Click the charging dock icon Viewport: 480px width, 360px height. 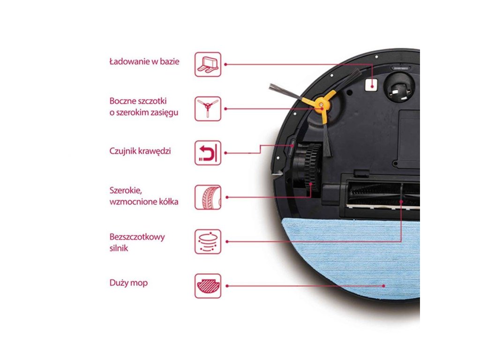point(208,64)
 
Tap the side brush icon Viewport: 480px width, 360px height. point(208,108)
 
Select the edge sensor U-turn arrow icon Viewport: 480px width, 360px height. point(208,152)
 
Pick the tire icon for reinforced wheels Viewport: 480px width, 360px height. point(208,197)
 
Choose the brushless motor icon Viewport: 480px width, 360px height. point(208,241)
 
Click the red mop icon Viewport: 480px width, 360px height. point(208,285)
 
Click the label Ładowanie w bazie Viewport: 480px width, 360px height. point(144,62)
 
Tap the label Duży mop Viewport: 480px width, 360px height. point(128,283)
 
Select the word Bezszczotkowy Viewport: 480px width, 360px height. point(137,237)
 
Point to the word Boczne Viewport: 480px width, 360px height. point(122,101)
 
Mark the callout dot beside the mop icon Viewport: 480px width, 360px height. point(226,285)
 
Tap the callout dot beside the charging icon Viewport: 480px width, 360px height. point(226,64)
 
